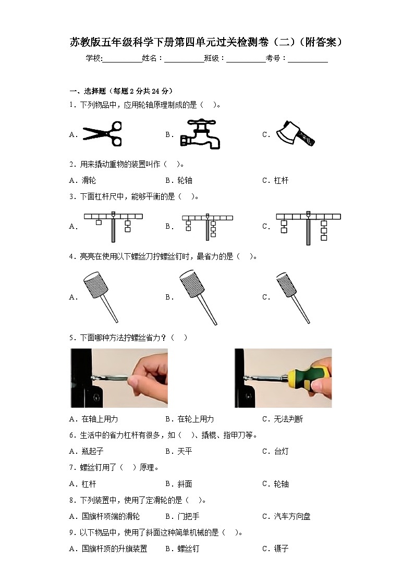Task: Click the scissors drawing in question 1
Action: pos(102,134)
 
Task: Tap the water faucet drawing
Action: pos(200,134)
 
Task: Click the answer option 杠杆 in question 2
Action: pos(281,181)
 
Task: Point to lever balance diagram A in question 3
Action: pos(113,226)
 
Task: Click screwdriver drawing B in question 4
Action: pos(198,296)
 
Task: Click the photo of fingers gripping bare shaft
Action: pos(119,378)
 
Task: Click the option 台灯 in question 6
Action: pos(281,452)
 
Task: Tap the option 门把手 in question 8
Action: pos(188,516)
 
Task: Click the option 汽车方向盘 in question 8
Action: pos(292,516)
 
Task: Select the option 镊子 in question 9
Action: pos(281,549)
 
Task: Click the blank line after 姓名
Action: pos(184,58)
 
